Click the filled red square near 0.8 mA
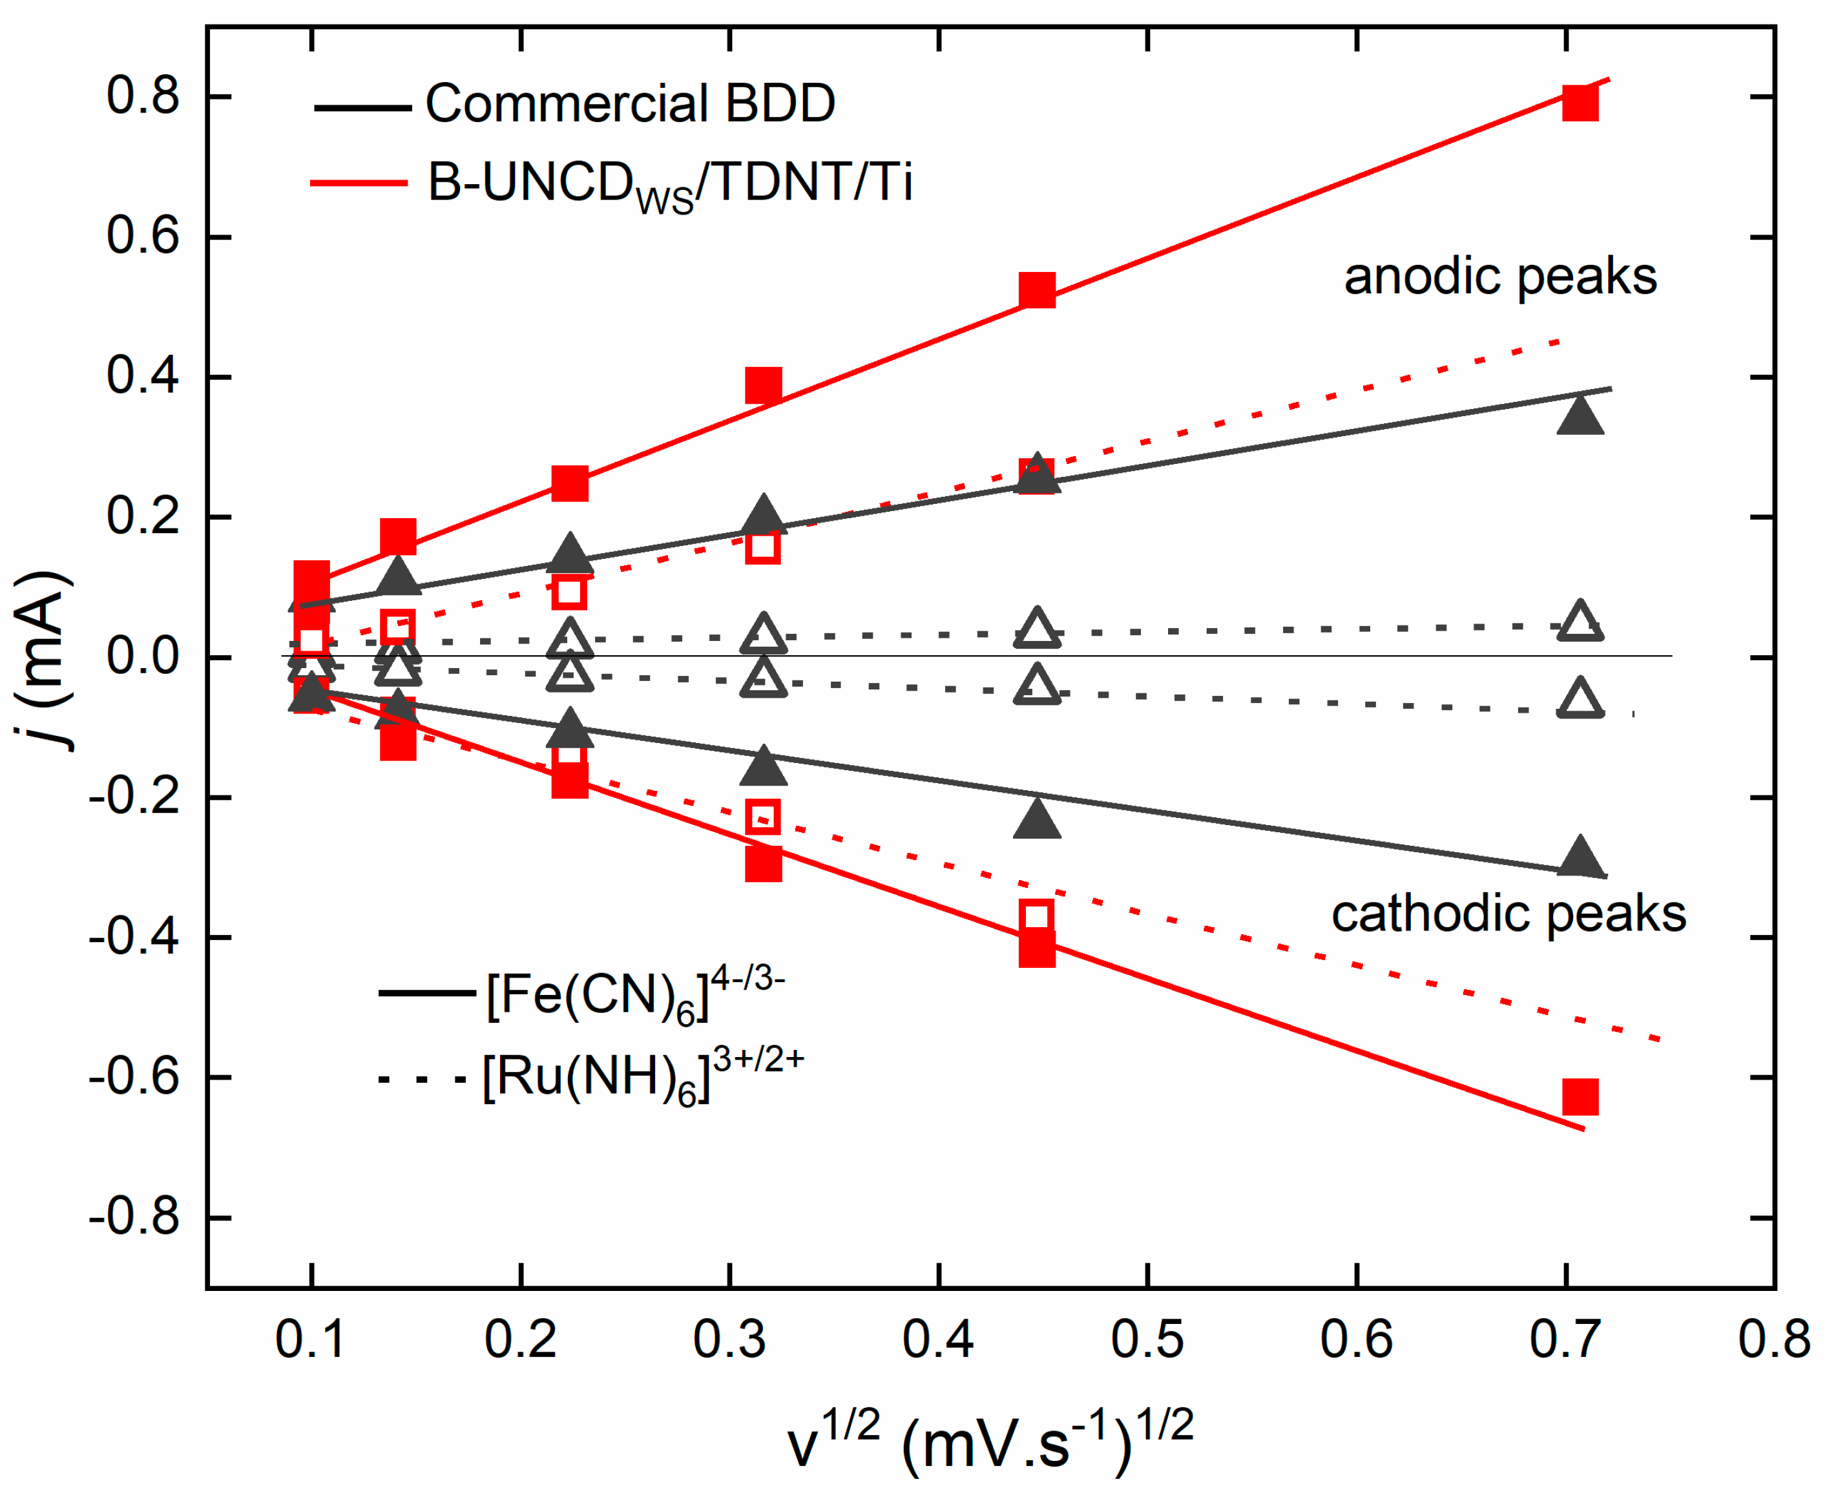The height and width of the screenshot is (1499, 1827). click(1579, 103)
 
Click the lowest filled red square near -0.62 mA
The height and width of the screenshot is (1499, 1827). click(1579, 1096)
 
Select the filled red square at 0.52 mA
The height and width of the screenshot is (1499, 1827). click(1036, 290)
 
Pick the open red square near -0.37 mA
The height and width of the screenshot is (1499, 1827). click(1036, 916)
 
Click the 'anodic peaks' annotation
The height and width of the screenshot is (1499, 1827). click(1499, 277)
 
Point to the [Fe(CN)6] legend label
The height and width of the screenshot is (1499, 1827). click(634, 996)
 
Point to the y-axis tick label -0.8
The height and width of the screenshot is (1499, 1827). click(134, 1217)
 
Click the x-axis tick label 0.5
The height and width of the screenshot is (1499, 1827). click(1147, 1340)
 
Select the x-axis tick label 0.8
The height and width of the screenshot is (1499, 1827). click(1773, 1340)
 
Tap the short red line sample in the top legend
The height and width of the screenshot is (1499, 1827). click(359, 183)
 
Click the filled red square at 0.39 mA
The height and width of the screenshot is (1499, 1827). click(763, 385)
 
